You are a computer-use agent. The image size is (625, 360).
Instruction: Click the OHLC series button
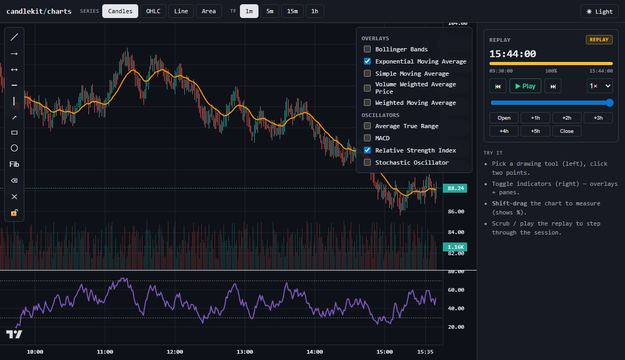[153, 11]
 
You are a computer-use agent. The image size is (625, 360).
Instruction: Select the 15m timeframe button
[292, 11]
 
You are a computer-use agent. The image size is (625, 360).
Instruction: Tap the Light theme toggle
[599, 12]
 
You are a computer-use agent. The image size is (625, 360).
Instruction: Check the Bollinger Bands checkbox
[367, 49]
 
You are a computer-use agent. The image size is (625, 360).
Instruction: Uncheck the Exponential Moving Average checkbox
[367, 61]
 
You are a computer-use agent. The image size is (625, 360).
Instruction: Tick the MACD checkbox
[367, 138]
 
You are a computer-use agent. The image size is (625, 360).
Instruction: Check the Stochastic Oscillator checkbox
[367, 163]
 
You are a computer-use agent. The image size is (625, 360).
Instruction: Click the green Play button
[525, 86]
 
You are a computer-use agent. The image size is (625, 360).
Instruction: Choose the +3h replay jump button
[598, 118]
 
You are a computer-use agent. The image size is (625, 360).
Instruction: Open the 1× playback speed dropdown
[600, 86]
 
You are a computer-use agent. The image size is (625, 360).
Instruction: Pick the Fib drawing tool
[14, 164]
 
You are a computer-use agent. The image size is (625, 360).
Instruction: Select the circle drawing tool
[14, 148]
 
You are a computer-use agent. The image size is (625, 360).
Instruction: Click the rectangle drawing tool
[14, 132]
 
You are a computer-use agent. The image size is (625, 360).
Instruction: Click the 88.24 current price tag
[455, 188]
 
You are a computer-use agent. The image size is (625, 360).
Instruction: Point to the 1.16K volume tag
[455, 247]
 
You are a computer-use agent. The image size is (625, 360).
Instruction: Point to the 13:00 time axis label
[245, 352]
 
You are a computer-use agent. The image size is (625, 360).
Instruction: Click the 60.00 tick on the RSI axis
[456, 290]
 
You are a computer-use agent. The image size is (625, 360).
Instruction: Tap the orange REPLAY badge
[599, 39]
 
